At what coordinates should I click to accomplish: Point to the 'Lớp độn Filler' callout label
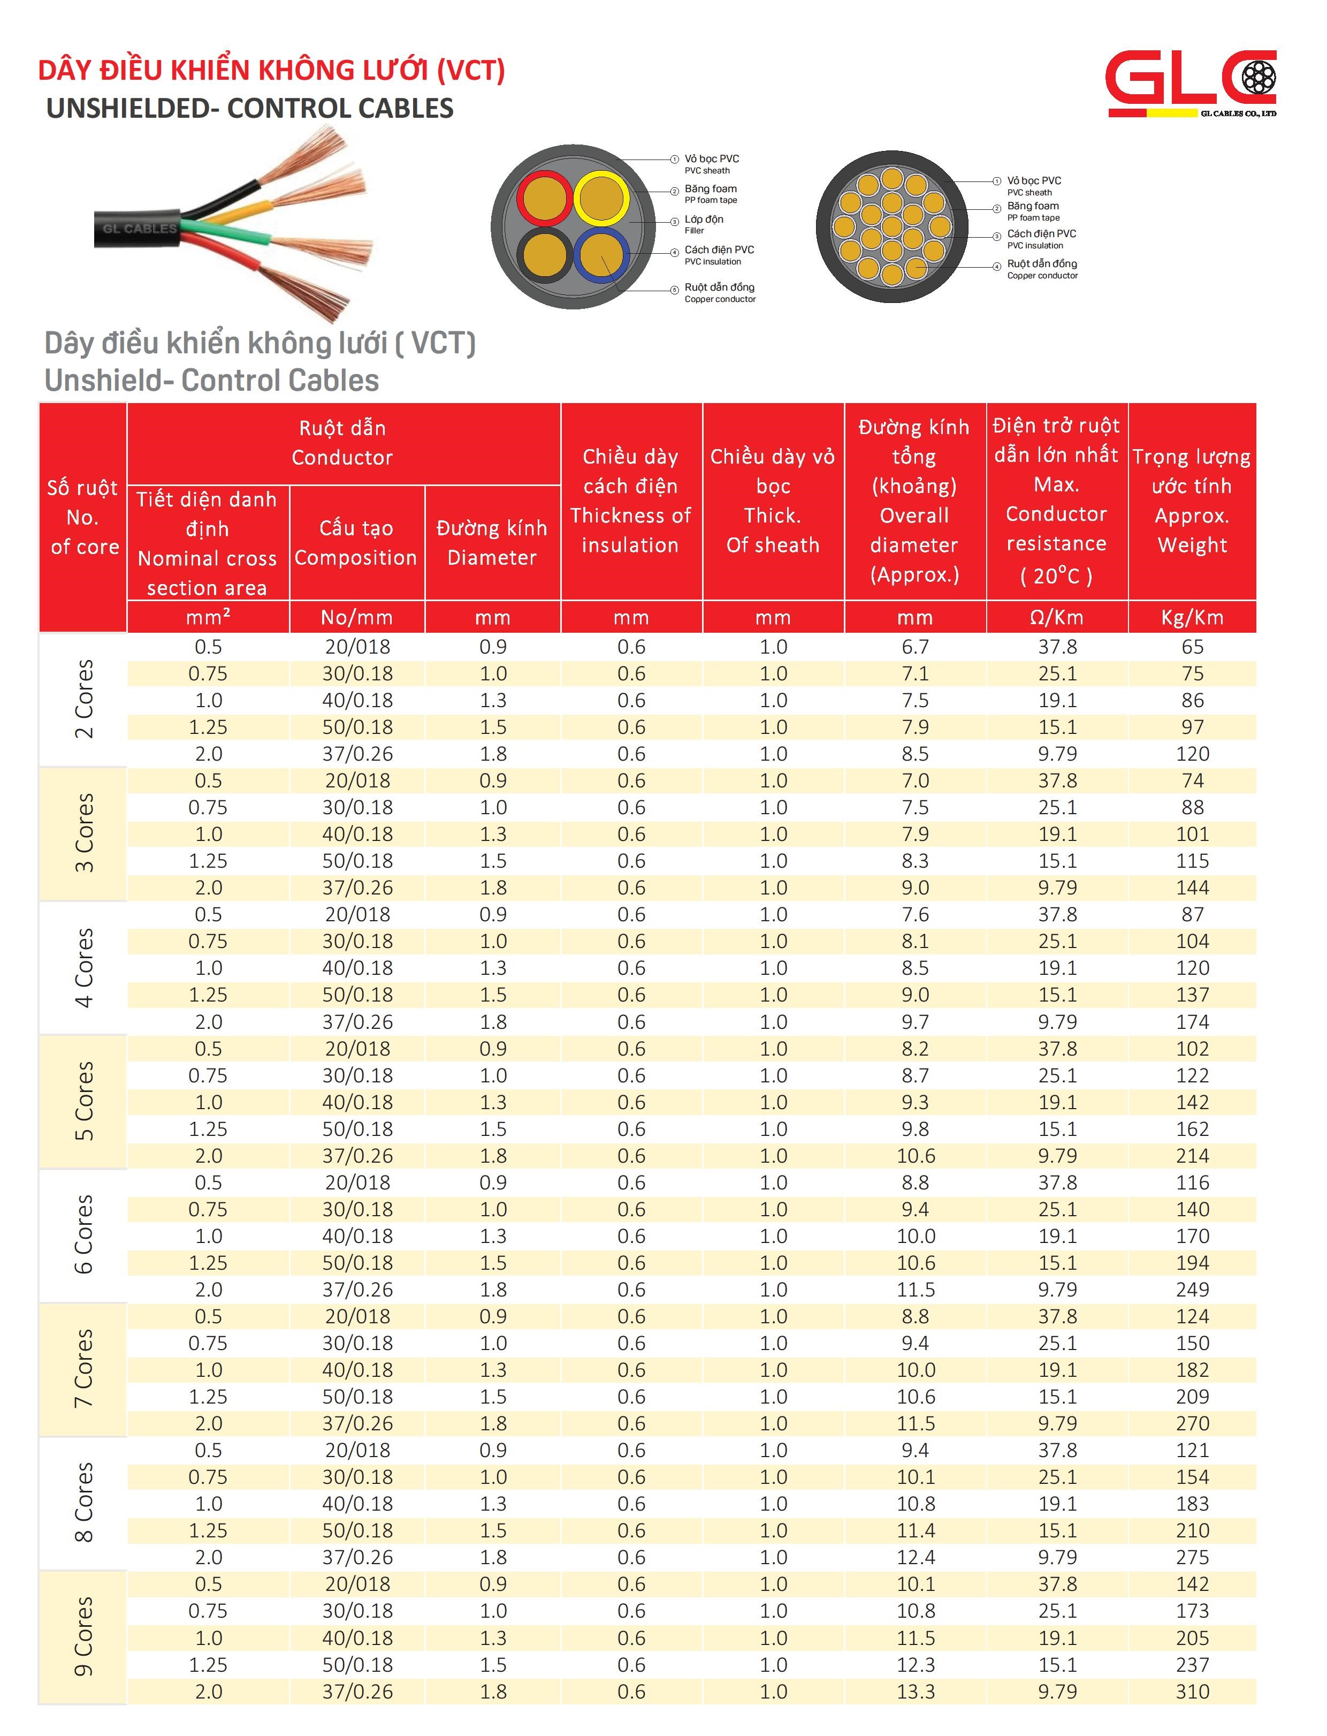[704, 224]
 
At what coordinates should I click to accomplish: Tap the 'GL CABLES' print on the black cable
[140, 229]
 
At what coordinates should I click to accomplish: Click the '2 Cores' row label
[83, 699]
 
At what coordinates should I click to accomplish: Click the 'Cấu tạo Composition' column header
[356, 542]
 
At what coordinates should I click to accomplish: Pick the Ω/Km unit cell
[1057, 617]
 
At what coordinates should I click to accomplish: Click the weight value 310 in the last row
[1192, 1691]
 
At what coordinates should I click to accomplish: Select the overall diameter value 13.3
[916, 1691]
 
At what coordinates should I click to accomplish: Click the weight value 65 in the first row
[1192, 646]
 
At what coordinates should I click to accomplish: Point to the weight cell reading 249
[1192, 1290]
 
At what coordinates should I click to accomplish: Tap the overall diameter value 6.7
[916, 646]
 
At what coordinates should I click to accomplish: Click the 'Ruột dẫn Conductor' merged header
[343, 443]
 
